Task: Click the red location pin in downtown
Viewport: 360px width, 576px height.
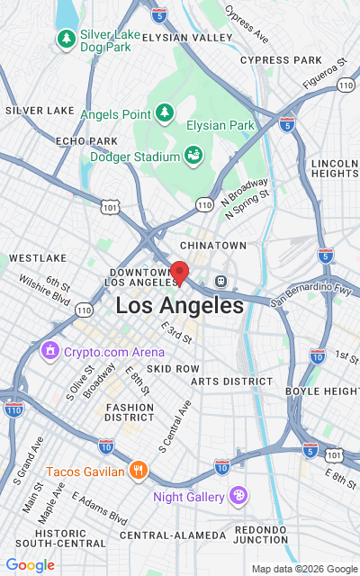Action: point(179,273)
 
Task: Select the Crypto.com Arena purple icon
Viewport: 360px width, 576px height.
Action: point(50,350)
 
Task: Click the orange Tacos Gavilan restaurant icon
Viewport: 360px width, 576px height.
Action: point(138,469)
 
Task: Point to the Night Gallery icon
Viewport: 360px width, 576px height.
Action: point(238,494)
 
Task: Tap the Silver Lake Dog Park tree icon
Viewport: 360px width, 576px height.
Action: point(66,39)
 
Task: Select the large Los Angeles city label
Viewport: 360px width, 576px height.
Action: point(179,306)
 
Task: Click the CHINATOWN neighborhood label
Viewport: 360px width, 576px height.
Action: point(213,245)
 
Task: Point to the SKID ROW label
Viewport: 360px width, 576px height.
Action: point(173,369)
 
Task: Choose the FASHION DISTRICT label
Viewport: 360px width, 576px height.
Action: point(130,411)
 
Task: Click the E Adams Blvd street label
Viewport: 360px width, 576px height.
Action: point(99,508)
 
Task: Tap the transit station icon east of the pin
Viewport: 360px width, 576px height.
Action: point(219,280)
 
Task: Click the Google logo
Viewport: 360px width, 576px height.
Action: point(30,564)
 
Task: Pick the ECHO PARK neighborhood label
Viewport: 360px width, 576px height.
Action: point(86,141)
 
